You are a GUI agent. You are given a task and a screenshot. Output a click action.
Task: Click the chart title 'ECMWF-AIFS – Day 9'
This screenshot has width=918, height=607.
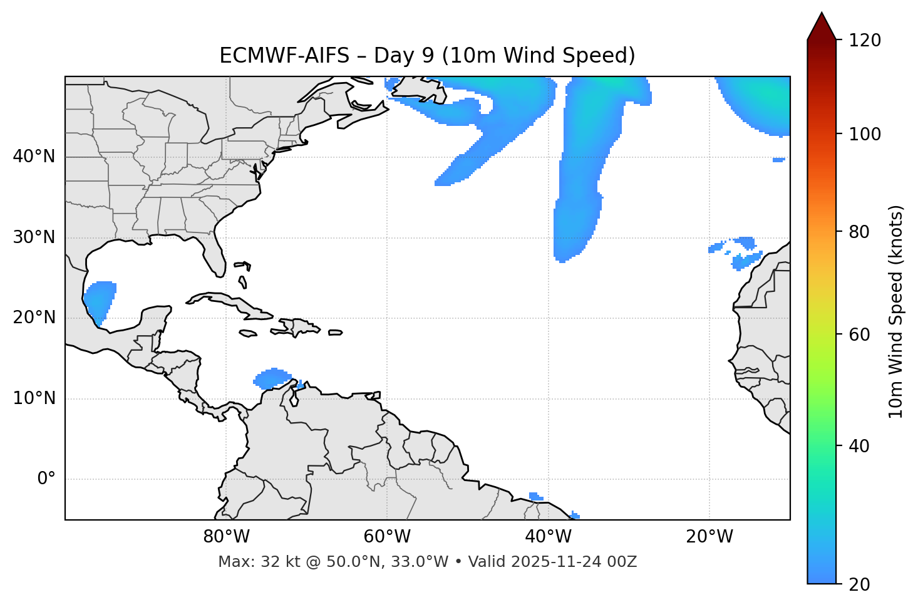[x=427, y=56]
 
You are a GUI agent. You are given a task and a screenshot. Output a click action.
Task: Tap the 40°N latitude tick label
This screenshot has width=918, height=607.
[x=34, y=157]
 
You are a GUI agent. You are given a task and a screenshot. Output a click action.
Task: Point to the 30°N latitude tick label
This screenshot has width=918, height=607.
[x=34, y=237]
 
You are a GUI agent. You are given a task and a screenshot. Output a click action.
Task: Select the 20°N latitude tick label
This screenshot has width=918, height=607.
[x=34, y=318]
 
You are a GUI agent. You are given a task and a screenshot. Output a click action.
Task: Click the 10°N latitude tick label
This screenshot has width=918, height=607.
[x=34, y=398]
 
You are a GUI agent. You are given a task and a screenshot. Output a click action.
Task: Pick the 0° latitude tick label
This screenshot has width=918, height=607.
[x=46, y=479]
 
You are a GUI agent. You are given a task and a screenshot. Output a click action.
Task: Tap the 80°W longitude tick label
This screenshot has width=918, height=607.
[x=226, y=537]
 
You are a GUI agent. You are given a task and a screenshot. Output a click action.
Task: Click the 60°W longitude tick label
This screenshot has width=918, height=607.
[x=387, y=537]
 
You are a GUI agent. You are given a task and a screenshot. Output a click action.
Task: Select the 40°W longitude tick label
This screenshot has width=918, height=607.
[x=548, y=537]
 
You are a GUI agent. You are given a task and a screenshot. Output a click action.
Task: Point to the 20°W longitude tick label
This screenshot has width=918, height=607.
[x=709, y=537]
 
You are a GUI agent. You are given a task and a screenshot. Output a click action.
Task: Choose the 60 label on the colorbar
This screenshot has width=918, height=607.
[x=861, y=335]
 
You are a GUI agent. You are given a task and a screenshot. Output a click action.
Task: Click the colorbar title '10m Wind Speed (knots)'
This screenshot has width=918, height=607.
[x=896, y=312]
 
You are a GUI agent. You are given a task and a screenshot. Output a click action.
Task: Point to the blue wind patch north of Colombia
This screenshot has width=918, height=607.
[x=272, y=378]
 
